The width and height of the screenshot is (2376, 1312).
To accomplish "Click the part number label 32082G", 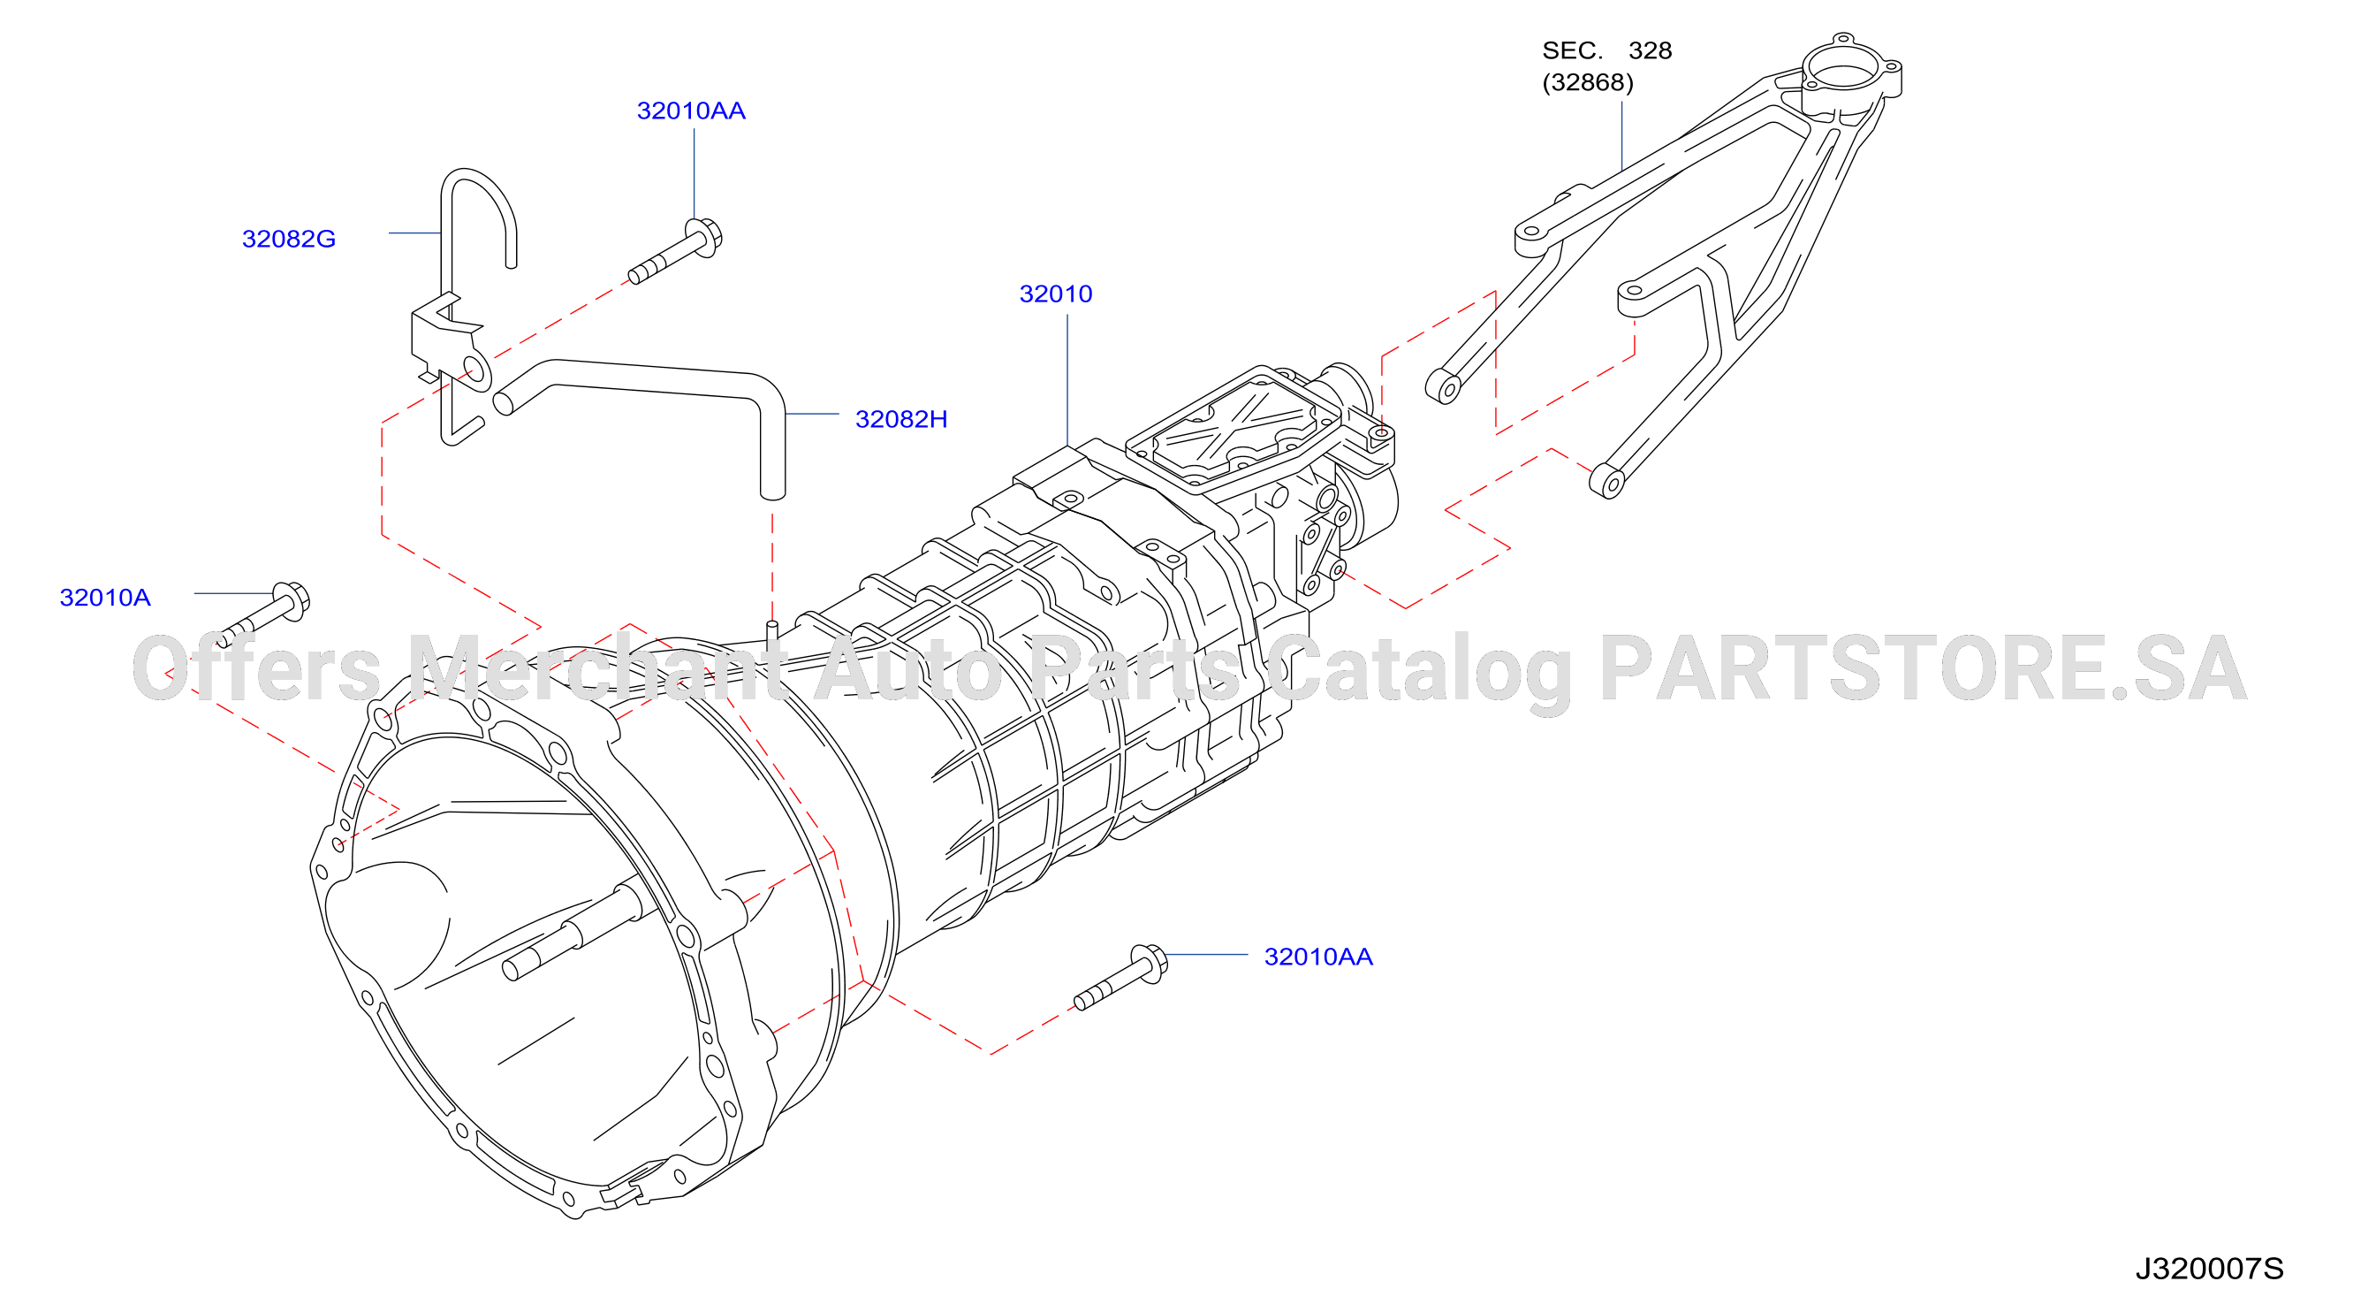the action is coord(289,239).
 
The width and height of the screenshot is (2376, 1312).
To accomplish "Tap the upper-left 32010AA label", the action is coord(691,111).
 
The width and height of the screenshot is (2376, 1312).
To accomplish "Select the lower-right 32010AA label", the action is coord(1318,957).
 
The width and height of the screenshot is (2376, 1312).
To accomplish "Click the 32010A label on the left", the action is coord(105,598).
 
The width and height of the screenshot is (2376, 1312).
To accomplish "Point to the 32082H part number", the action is coord(901,420).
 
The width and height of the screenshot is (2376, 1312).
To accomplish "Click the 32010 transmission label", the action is coord(1055,294).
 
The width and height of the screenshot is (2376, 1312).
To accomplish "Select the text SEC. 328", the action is coord(1606,50).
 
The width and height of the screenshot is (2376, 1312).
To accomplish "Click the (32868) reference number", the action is coord(1587,83).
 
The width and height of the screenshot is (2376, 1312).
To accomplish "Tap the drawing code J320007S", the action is coord(2209,1269).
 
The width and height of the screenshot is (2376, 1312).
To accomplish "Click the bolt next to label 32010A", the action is coord(263,614).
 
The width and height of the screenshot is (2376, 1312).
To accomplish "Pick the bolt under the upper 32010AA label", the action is coord(675,251).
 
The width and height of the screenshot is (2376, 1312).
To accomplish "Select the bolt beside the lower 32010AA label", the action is coord(1120,977).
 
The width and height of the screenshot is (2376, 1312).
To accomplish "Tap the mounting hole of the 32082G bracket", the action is coord(474,370).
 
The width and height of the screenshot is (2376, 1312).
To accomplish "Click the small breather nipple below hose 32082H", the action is coord(772,630).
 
